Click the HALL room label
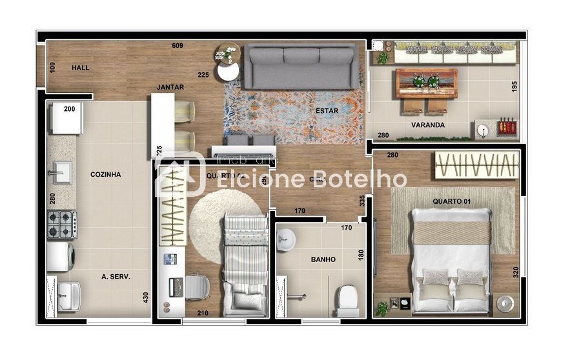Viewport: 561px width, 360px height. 81,68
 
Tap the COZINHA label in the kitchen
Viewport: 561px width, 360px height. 105,174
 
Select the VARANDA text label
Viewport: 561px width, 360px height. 428,125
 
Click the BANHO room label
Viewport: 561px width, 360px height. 323,259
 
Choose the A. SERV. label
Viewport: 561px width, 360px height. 116,276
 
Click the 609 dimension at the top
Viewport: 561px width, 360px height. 178,46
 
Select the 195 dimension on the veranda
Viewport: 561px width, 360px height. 515,86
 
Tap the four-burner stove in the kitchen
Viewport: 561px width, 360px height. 62,225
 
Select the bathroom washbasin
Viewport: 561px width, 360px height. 285,241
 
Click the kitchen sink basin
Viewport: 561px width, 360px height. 62,172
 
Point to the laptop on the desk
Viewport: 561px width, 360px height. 174,286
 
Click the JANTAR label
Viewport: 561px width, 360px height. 170,87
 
